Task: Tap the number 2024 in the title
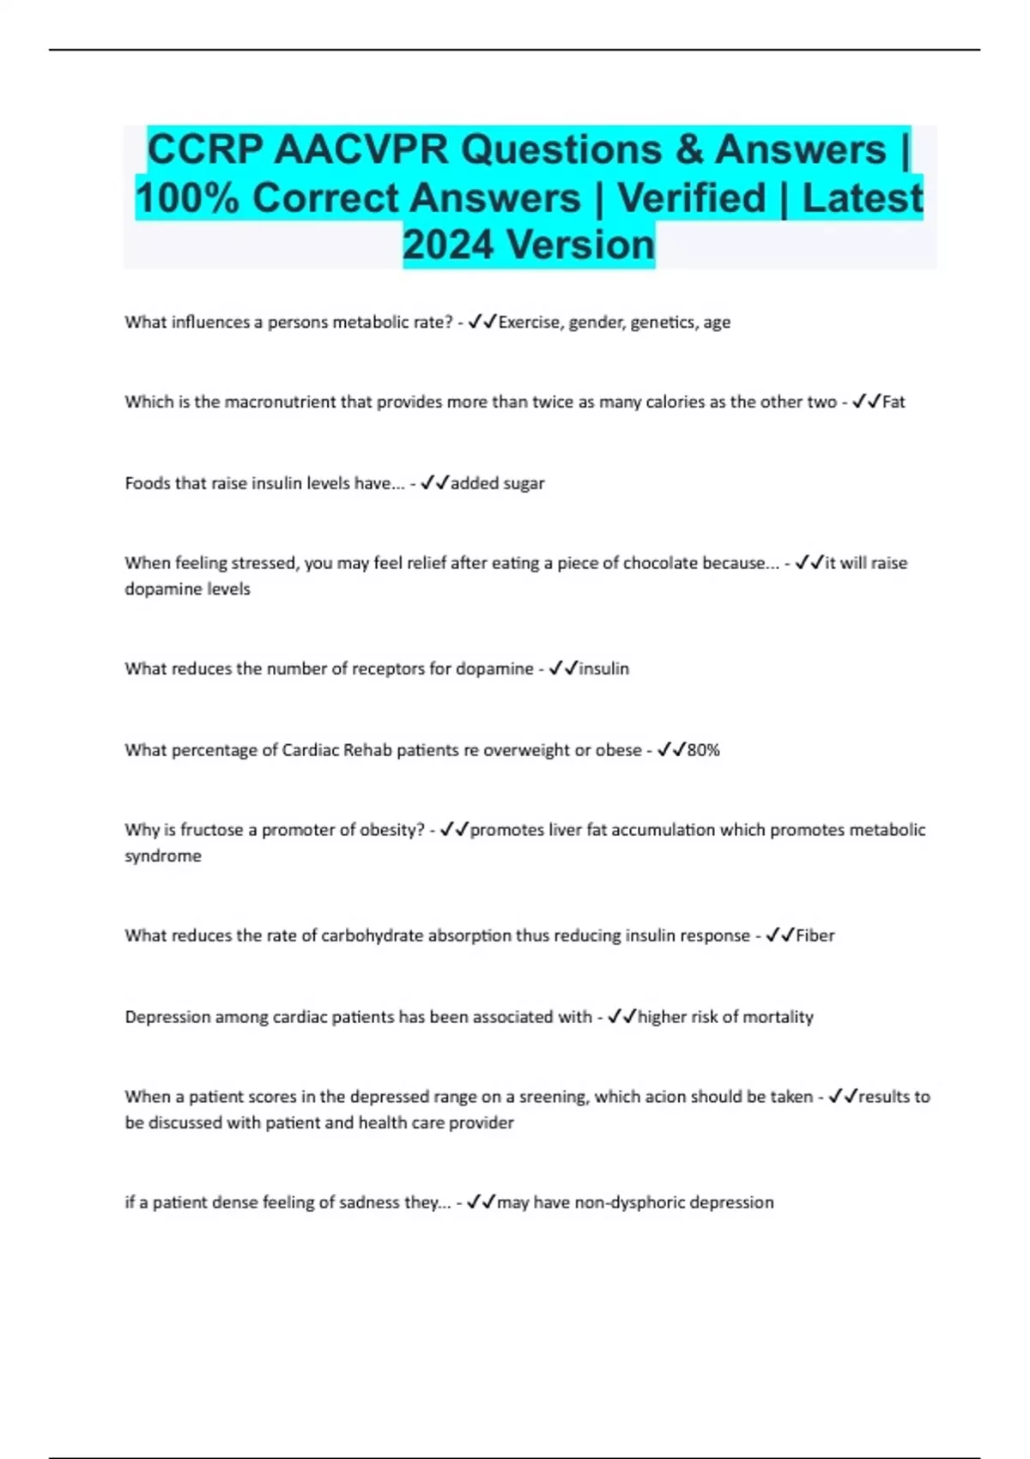(x=450, y=245)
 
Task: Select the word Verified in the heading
(x=692, y=198)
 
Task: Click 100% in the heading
(x=187, y=198)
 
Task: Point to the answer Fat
(x=894, y=402)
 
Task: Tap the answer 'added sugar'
(x=498, y=483)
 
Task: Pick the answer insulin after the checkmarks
(x=604, y=669)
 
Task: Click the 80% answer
(x=704, y=750)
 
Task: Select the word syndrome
(x=163, y=856)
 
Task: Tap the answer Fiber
(x=815, y=935)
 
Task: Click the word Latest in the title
(x=863, y=198)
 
